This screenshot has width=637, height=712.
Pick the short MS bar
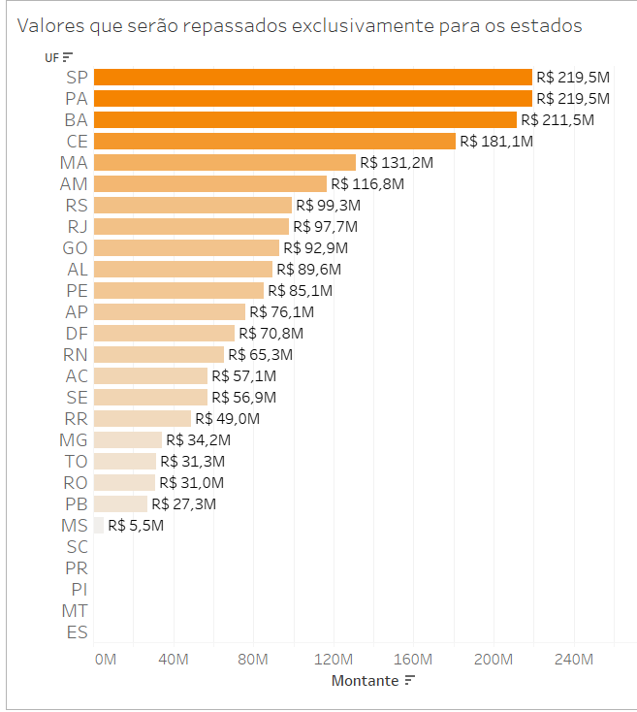tap(99, 526)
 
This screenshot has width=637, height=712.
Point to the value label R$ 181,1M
tap(495, 142)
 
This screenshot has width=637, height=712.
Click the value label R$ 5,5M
tap(136, 526)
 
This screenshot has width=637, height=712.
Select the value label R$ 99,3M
tap(328, 206)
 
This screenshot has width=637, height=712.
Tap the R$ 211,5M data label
tap(557, 120)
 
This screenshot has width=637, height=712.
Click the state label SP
tap(78, 78)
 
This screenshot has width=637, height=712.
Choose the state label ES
tap(78, 632)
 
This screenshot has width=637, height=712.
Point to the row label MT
tap(76, 611)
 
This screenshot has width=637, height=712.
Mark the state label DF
tap(77, 334)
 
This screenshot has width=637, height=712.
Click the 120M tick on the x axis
tap(334, 660)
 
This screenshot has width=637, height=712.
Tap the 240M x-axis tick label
tap(573, 660)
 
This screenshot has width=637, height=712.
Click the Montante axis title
tap(365, 681)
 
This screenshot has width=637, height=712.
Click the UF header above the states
tap(52, 57)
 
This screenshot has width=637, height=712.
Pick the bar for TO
tap(125, 462)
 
